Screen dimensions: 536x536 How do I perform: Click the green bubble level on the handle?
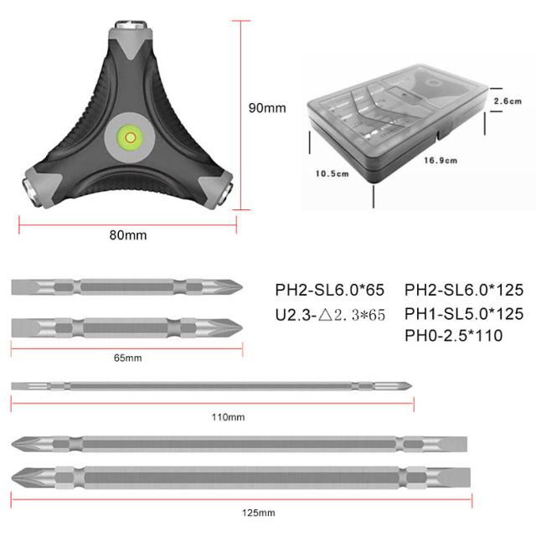tap(131, 137)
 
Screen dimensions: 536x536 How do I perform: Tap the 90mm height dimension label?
tap(267, 108)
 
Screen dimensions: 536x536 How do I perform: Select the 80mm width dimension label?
tap(128, 235)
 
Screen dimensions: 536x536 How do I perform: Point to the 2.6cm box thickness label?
tap(508, 101)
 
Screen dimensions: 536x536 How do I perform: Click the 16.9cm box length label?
tap(441, 160)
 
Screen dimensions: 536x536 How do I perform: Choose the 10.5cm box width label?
tap(332, 173)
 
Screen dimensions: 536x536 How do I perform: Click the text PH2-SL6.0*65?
tap(330, 290)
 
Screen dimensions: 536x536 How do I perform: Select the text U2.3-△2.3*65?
tap(330, 315)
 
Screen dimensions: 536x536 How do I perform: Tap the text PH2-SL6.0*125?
tap(464, 290)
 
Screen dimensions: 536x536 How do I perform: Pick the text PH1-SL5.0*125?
tap(464, 314)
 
